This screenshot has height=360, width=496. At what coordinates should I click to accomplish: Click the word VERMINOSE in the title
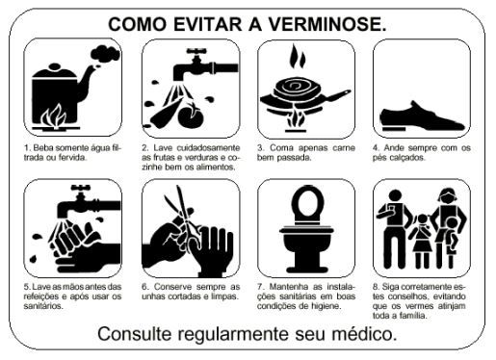click(326, 24)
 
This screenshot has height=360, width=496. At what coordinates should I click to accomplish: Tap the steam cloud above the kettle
click(106, 54)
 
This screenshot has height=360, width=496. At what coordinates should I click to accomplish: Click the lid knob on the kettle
click(54, 66)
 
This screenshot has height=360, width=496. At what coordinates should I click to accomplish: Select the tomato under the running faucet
click(191, 116)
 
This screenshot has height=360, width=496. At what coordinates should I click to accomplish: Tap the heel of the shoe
click(394, 128)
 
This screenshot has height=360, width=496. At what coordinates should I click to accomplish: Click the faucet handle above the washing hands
click(80, 188)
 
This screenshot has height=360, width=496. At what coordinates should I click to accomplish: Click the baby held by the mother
click(452, 236)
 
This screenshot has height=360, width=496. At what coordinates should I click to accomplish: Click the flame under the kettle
click(54, 116)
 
